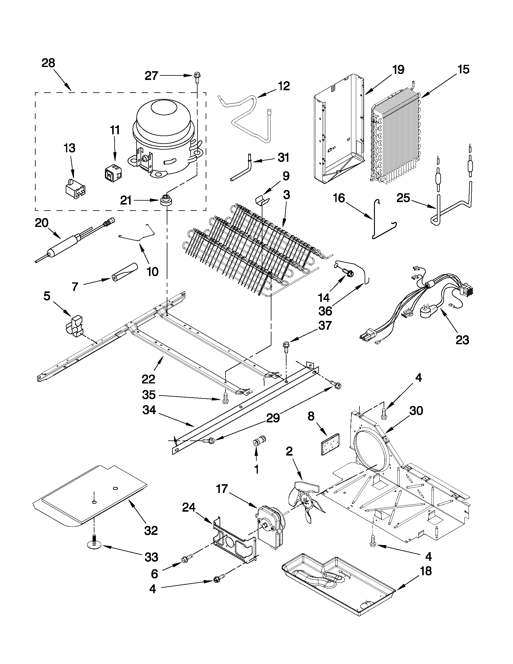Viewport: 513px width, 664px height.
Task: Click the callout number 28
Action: click(x=48, y=63)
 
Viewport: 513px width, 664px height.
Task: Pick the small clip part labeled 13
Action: click(x=75, y=188)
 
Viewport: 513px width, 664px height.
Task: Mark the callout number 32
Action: click(x=151, y=530)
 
